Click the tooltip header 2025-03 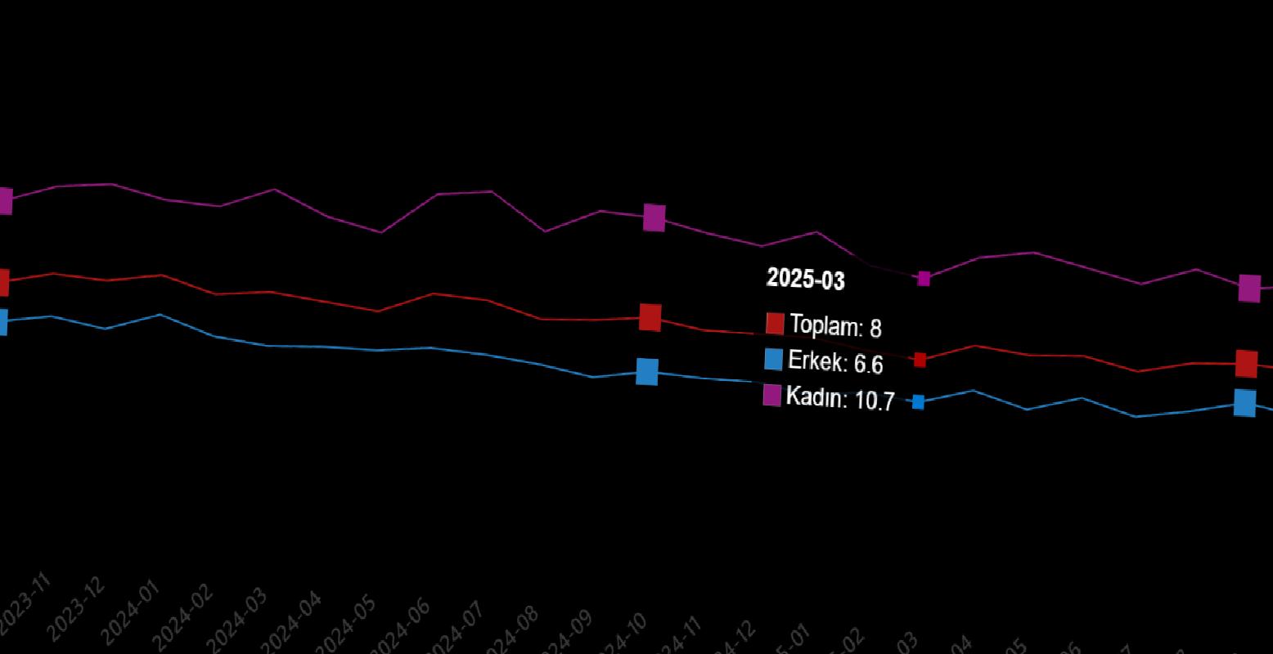pos(805,280)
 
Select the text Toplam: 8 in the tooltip pos(834,326)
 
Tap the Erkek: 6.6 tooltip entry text pos(834,361)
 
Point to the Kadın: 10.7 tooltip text pos(839,399)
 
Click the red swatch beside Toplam pos(775,323)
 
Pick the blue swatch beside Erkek pos(773,359)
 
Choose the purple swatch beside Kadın pos(771,395)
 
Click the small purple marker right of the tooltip pos(924,279)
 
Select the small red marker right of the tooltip pos(920,360)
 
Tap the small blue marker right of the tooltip pos(918,401)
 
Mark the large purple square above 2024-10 pos(654,217)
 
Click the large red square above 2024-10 pos(650,317)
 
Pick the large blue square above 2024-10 pos(647,371)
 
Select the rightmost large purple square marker pos(1249,288)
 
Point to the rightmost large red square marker pos(1246,364)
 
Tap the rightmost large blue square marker pos(1244,403)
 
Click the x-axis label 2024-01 pos(130,613)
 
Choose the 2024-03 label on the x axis pos(237,619)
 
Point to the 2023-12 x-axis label pos(76,610)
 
